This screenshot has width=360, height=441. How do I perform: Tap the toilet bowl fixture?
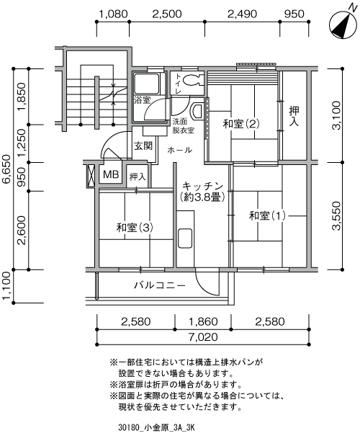point(193,80)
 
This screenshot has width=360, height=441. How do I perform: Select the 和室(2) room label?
point(241,124)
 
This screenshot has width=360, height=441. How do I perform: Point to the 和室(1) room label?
point(267,216)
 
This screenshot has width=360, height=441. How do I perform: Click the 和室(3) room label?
point(135,228)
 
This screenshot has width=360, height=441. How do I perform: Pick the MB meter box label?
point(111,174)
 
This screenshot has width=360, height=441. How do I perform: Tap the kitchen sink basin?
point(185,239)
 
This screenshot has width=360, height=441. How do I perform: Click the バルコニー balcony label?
point(159,285)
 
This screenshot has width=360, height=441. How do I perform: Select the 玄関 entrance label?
point(143,146)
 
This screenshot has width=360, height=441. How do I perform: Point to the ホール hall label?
point(179,150)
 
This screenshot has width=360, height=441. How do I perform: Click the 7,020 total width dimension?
point(203,337)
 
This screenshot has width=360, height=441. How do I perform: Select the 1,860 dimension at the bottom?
point(203,321)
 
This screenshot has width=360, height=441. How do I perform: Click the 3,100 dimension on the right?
point(336,115)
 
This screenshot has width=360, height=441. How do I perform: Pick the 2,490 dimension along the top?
point(242,14)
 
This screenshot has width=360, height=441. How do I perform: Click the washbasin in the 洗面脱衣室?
point(197,110)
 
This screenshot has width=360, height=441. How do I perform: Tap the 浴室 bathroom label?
point(143,100)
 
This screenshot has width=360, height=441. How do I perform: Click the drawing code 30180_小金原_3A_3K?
point(156,428)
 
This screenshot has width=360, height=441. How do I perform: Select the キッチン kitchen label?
point(202,186)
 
